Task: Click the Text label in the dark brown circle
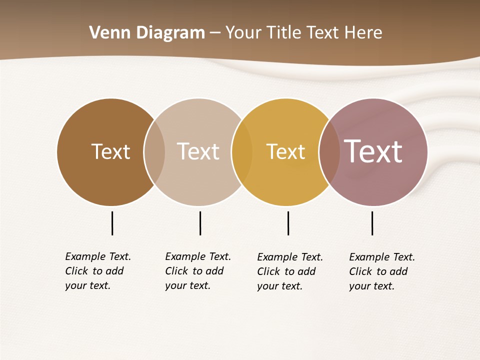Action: pos(110,151)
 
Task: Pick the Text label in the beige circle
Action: pos(198,151)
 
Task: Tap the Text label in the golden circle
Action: pos(285,151)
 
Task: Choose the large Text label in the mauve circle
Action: pos(373,151)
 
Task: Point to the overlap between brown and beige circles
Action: pos(154,152)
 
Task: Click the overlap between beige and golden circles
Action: pos(242,152)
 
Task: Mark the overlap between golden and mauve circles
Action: pos(329,152)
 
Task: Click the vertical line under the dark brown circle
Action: pos(112,223)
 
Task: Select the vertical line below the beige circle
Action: pos(200,223)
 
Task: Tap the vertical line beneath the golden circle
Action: pos(288,223)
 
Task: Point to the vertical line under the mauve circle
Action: pos(372,223)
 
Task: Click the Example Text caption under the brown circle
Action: pos(98,271)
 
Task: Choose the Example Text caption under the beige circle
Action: pos(198,271)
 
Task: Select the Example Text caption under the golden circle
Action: pos(290,271)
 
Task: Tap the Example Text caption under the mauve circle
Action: pos(382,271)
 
